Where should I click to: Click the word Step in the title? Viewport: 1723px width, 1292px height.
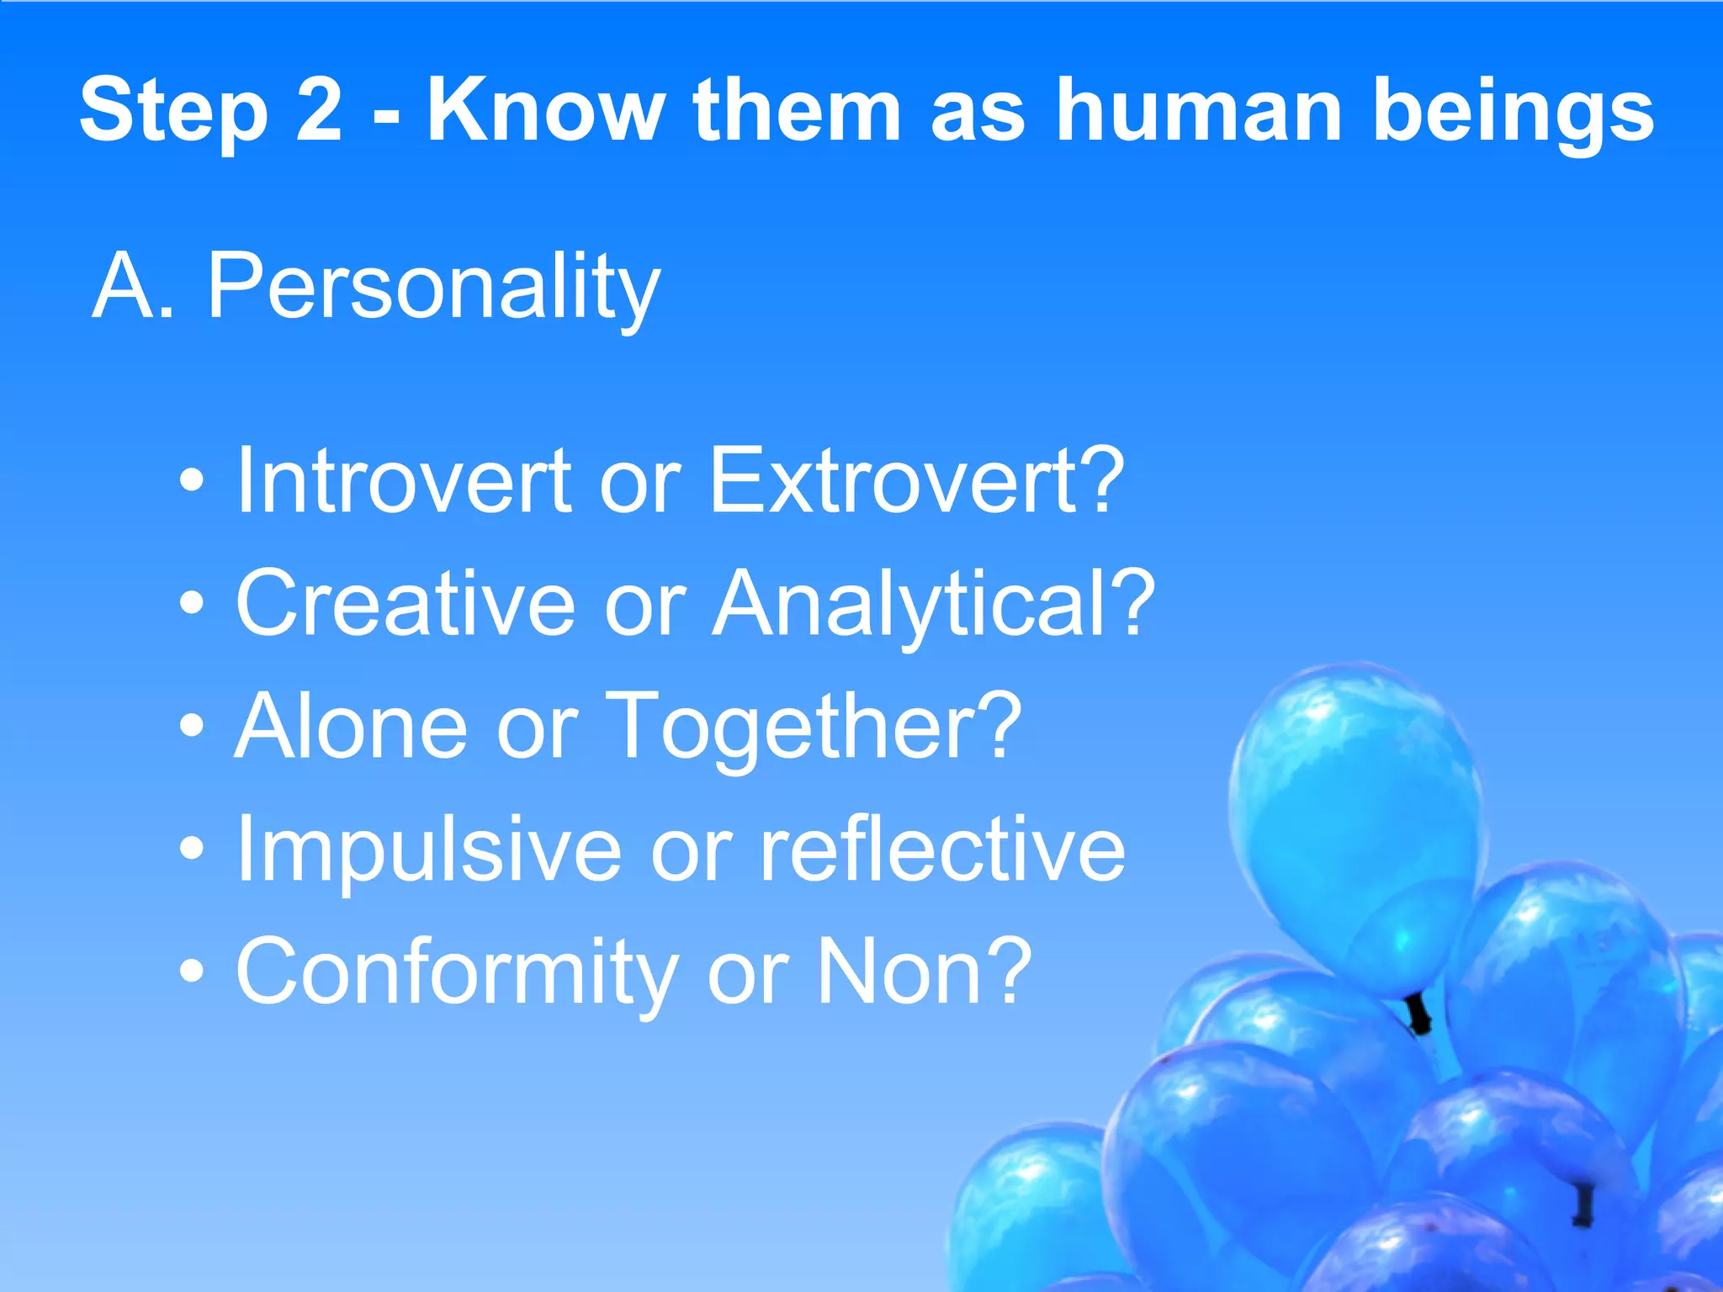173,111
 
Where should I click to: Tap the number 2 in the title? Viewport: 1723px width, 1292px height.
319,109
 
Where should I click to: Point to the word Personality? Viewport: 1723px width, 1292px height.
433,288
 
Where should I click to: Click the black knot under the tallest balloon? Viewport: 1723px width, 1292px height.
1419,1014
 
